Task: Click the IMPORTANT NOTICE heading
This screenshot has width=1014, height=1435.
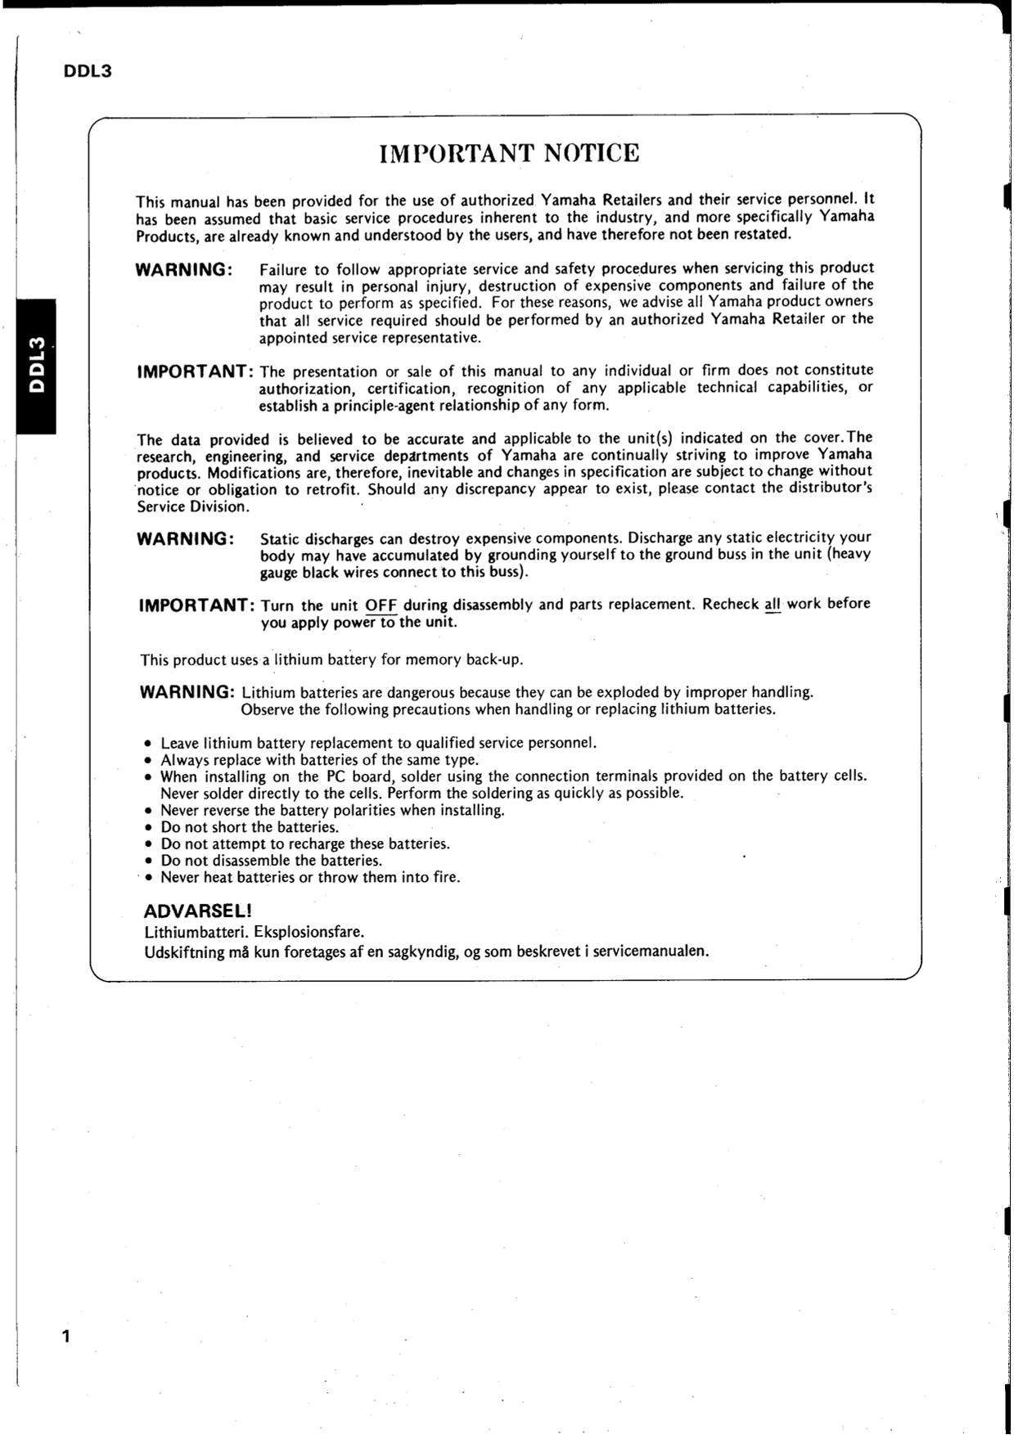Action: [509, 154]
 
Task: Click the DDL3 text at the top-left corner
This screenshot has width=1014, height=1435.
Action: [87, 72]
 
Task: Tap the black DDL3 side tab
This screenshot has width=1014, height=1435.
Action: [36, 366]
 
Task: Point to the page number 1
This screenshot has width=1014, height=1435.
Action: [66, 1337]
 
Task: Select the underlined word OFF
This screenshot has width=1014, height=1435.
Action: [381, 606]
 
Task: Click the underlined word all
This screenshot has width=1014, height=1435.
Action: [772, 605]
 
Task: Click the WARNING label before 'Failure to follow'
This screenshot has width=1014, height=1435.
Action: [184, 270]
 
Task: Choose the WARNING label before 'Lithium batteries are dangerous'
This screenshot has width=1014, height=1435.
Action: [188, 692]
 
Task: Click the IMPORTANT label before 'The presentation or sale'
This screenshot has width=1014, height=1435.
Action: [196, 372]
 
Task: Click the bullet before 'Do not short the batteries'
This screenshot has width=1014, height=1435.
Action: [148, 828]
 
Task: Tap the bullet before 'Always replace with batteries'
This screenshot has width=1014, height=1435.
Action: [148, 761]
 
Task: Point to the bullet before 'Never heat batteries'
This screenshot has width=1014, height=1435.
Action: [148, 879]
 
